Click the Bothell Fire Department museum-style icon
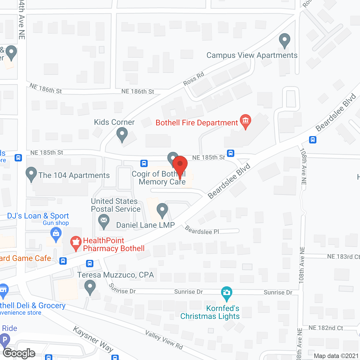(x=246, y=121)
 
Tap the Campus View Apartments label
(x=252, y=55)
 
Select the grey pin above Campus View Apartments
(x=285, y=40)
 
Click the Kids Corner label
(x=114, y=122)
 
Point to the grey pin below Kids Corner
(x=122, y=134)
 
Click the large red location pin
(x=180, y=166)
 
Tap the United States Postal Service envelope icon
(x=104, y=221)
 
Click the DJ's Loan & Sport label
(x=38, y=216)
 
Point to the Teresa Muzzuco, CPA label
(x=116, y=275)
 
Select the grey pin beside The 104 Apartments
(x=31, y=174)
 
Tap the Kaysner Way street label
(x=93, y=339)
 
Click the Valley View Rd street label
(x=164, y=340)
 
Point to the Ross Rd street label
(x=193, y=79)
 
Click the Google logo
(x=19, y=353)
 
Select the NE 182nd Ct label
(x=326, y=328)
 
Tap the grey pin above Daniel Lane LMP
(x=162, y=210)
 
